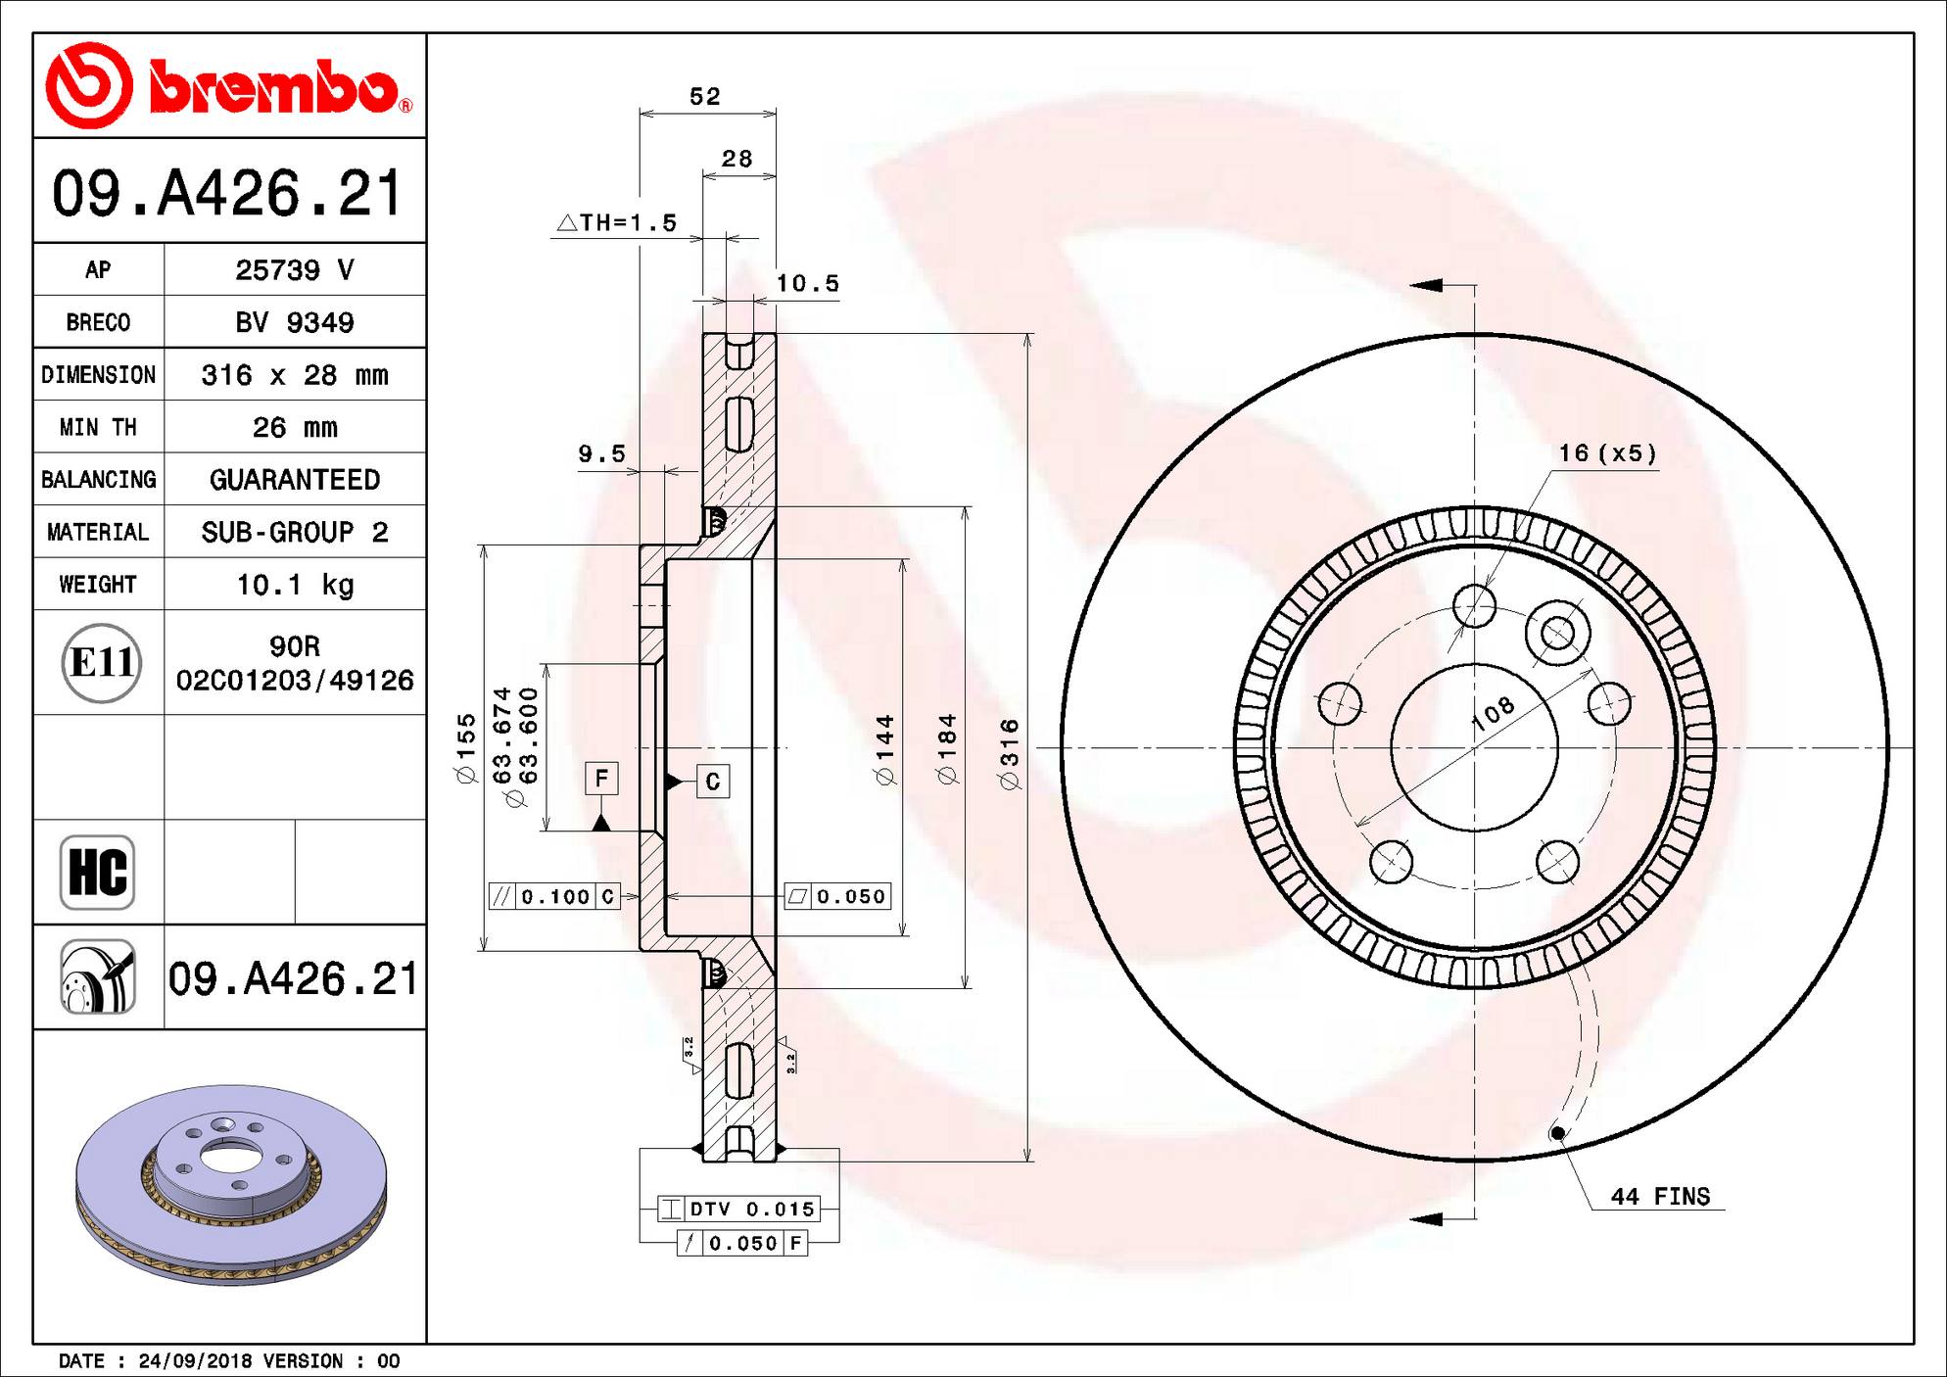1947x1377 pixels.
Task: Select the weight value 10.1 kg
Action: [x=295, y=585]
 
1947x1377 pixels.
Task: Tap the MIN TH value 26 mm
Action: [x=295, y=427]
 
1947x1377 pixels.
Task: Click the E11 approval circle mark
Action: [x=101, y=663]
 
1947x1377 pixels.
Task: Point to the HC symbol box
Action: [x=97, y=872]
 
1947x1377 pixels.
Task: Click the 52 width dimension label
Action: [x=704, y=96]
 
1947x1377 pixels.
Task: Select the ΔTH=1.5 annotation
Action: [x=618, y=223]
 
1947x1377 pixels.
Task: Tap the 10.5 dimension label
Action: [x=807, y=284]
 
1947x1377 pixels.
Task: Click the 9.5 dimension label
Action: [x=600, y=453]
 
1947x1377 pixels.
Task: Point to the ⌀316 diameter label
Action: [x=1010, y=754]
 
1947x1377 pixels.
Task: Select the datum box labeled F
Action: [x=601, y=779]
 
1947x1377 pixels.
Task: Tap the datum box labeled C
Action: [x=712, y=782]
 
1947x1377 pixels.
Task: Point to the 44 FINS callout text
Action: [x=1660, y=1197]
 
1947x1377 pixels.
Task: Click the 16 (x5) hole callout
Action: [x=1607, y=453]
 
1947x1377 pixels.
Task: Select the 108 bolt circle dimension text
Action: [x=1493, y=713]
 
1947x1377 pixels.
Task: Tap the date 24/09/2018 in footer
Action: [x=195, y=1361]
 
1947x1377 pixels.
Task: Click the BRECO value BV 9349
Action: [x=295, y=322]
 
